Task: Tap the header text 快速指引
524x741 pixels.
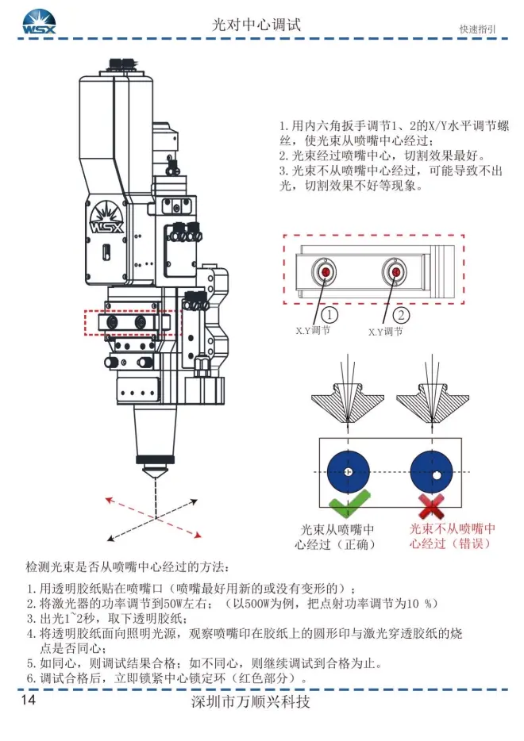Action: coord(477,29)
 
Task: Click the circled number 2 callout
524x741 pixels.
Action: coord(400,314)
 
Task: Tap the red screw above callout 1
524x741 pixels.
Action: coord(326,273)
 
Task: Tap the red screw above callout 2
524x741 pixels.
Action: coord(394,273)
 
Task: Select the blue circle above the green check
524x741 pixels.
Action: coord(349,472)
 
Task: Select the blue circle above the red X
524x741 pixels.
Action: coord(430,472)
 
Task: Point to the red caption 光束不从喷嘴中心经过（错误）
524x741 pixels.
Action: coord(453,536)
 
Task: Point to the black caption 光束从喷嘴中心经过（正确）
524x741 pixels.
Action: coord(338,537)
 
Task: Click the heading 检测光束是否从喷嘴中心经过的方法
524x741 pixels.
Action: coord(127,568)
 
